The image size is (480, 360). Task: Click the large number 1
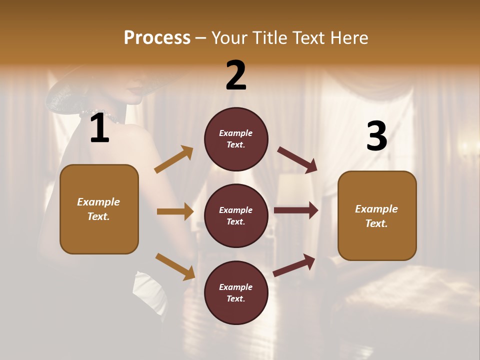[x=99, y=128]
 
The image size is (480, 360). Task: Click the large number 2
[x=236, y=75]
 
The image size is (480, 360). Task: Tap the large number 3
[x=376, y=136]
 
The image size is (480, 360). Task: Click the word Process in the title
[x=157, y=37]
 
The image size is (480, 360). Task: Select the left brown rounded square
[x=99, y=209]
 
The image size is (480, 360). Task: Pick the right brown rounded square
[x=377, y=215]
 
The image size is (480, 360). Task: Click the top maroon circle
[x=236, y=139]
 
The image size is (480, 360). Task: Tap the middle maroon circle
[x=236, y=215]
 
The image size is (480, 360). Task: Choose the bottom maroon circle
[x=236, y=292]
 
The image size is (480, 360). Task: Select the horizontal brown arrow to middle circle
[x=175, y=211]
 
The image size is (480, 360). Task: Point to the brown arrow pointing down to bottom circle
[x=175, y=266]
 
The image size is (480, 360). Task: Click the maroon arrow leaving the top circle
[x=297, y=159]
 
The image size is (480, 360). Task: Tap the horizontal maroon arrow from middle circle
[x=296, y=210]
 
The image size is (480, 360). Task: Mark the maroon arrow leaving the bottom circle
[x=294, y=265]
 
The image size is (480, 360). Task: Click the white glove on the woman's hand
[x=147, y=290]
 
